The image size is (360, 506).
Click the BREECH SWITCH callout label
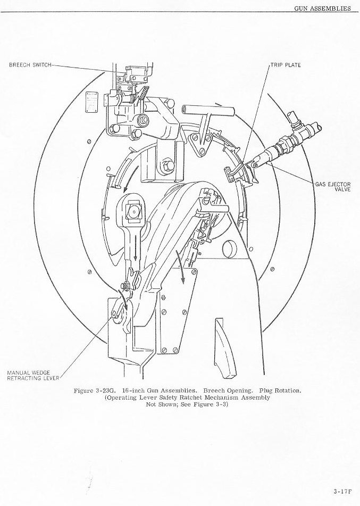pos(30,65)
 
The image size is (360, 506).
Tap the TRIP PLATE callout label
pos(286,65)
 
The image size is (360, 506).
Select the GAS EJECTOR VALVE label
pos(333,187)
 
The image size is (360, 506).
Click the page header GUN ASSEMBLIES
pos(322,9)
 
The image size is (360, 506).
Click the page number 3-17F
pos(343,491)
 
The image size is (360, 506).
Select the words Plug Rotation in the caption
pos(280,391)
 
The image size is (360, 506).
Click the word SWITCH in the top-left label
pos(41,65)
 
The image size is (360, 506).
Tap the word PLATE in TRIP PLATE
pos(292,65)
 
